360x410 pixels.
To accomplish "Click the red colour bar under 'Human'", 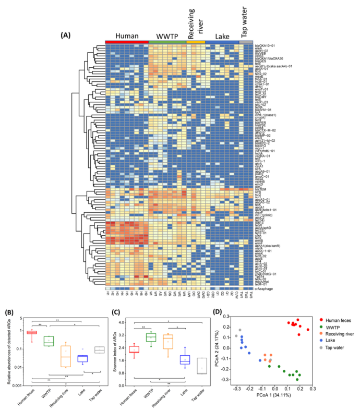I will (126, 42).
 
